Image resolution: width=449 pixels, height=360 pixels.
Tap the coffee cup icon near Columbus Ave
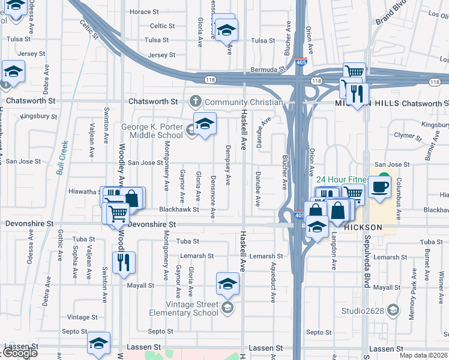tap(379, 186)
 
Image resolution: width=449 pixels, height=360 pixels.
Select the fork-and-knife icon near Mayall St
tap(124, 262)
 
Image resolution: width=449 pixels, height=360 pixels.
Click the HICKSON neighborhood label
tap(362, 228)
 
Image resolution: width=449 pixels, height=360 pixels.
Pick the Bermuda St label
tap(268, 70)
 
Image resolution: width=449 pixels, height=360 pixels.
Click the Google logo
tap(20, 353)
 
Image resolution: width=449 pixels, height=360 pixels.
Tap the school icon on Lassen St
tap(99, 343)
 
